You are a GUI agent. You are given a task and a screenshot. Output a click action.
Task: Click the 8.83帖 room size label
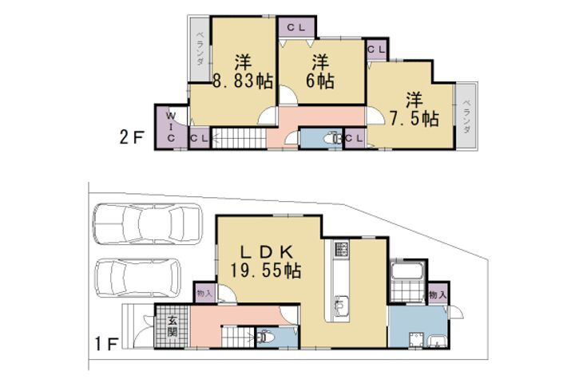[243, 81]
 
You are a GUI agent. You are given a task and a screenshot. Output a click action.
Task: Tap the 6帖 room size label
[320, 81]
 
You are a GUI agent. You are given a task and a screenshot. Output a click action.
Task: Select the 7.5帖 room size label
[414, 118]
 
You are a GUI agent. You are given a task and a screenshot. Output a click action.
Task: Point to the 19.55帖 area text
[265, 270]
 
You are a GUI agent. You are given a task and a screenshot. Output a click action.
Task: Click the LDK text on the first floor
[266, 252]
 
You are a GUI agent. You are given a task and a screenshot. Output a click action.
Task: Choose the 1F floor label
[106, 344]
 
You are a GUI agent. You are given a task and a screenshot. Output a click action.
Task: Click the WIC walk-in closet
[171, 127]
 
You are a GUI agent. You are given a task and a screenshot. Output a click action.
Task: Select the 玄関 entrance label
[172, 326]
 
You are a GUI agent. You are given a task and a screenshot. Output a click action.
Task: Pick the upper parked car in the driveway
[148, 223]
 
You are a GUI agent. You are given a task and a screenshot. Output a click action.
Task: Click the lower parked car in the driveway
[138, 278]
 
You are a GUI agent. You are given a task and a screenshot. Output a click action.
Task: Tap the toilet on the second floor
[332, 139]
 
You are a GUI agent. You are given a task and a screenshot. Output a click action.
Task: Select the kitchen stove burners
[342, 248]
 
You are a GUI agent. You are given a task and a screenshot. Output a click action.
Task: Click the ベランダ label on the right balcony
[466, 116]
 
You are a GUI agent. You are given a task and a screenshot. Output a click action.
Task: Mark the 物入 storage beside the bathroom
[438, 294]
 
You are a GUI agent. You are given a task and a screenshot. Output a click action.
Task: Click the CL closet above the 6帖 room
[296, 27]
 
